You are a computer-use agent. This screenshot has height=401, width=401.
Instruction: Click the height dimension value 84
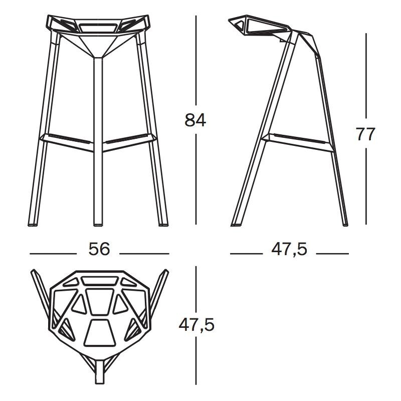[x=195, y=120]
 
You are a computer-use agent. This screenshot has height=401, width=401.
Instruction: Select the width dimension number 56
[x=99, y=249]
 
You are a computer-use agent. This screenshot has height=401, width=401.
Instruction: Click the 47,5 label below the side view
[x=289, y=249]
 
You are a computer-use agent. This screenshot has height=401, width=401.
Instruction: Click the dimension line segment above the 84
[x=195, y=60]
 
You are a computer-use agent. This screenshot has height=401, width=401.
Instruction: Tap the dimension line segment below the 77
[x=367, y=185]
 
